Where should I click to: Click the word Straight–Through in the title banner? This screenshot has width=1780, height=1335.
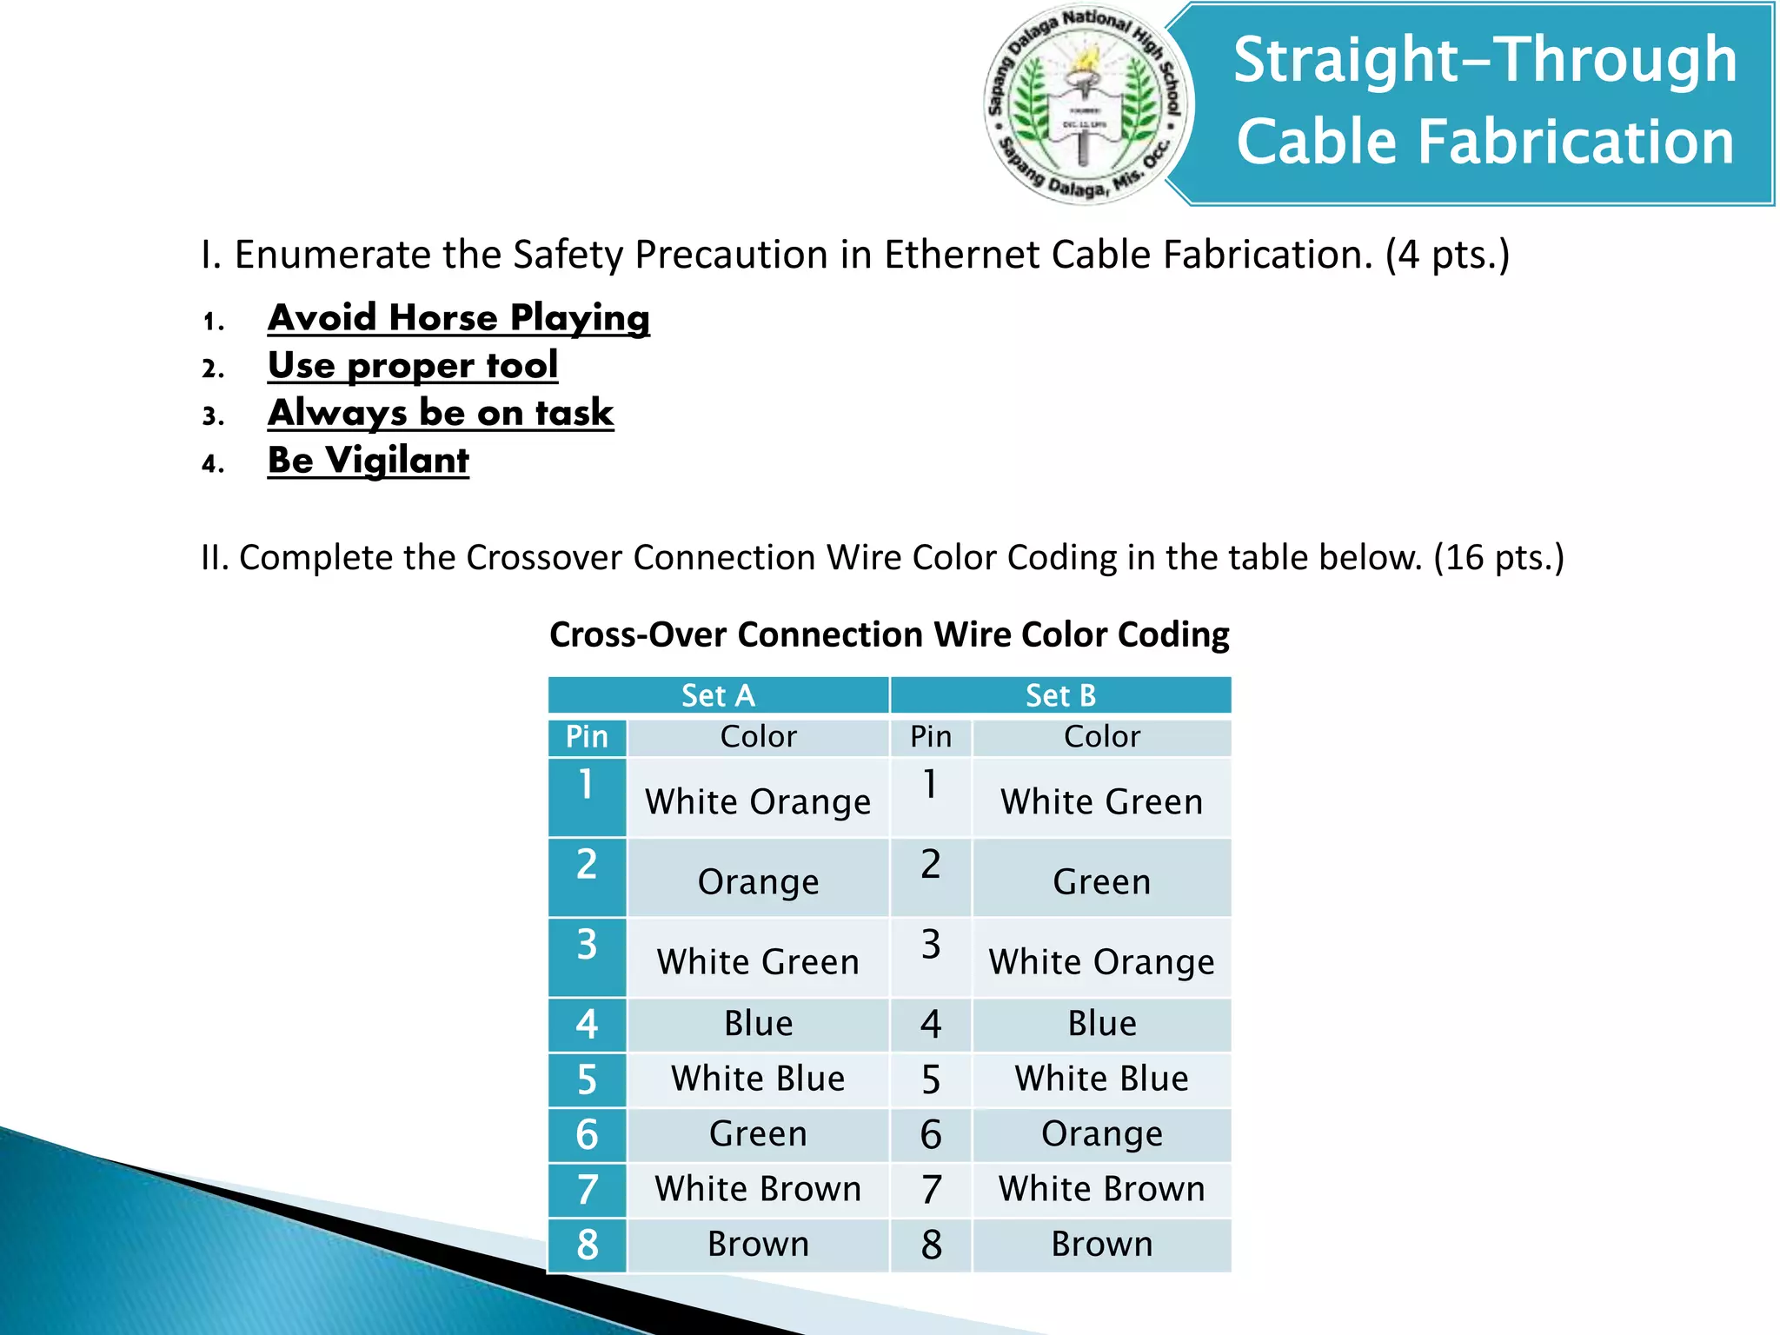coord(1484,60)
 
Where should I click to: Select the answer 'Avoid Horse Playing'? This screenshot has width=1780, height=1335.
coord(458,318)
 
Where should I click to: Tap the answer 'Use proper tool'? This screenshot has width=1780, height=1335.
coord(412,365)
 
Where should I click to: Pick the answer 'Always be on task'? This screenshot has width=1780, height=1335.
coord(441,413)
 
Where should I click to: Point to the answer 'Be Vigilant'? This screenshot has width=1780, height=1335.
coord(368,460)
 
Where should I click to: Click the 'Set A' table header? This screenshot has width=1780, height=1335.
coord(718,695)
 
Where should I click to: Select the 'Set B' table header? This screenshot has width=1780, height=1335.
coord(1060,695)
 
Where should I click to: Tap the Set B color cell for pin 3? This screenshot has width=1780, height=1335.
coord(1101,961)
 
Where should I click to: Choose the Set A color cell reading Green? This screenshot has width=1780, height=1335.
coord(758,1133)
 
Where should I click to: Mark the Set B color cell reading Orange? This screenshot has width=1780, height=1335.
coord(1101,1133)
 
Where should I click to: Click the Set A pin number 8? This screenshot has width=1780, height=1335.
coord(588,1245)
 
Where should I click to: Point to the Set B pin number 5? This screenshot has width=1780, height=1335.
coord(931,1079)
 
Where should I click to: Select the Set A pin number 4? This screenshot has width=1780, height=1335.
coord(588,1024)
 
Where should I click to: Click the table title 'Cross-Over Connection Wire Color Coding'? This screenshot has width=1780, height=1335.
coord(889,634)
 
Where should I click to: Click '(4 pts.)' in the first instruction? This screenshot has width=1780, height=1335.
coord(1447,255)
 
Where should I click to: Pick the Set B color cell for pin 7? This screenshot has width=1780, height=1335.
coord(1101,1189)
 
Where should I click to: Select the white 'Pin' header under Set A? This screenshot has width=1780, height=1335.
coord(588,737)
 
